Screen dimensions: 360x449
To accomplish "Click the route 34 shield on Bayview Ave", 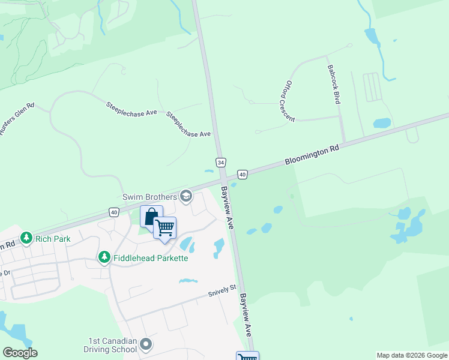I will pos(221,163).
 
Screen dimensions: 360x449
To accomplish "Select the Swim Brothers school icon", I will pos(186,196).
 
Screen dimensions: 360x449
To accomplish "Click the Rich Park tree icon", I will pos(26,239).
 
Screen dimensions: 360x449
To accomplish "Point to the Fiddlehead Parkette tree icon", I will pos(104,257).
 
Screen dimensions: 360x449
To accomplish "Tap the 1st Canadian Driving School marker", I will pos(146,344).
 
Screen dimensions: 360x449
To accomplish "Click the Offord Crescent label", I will pos(291,101).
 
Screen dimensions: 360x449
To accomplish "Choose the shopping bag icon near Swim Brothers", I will pos(151,216).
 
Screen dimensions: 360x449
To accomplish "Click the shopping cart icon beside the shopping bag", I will pos(164,227).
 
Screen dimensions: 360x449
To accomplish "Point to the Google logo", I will pos(20,353).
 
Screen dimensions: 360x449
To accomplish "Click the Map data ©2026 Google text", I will pos(412,355).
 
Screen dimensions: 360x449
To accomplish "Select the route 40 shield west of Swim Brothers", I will pos(114,212).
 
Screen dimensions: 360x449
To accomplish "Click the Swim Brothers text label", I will pos(149,196).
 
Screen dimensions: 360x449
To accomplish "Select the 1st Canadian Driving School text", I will pos(112,345).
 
